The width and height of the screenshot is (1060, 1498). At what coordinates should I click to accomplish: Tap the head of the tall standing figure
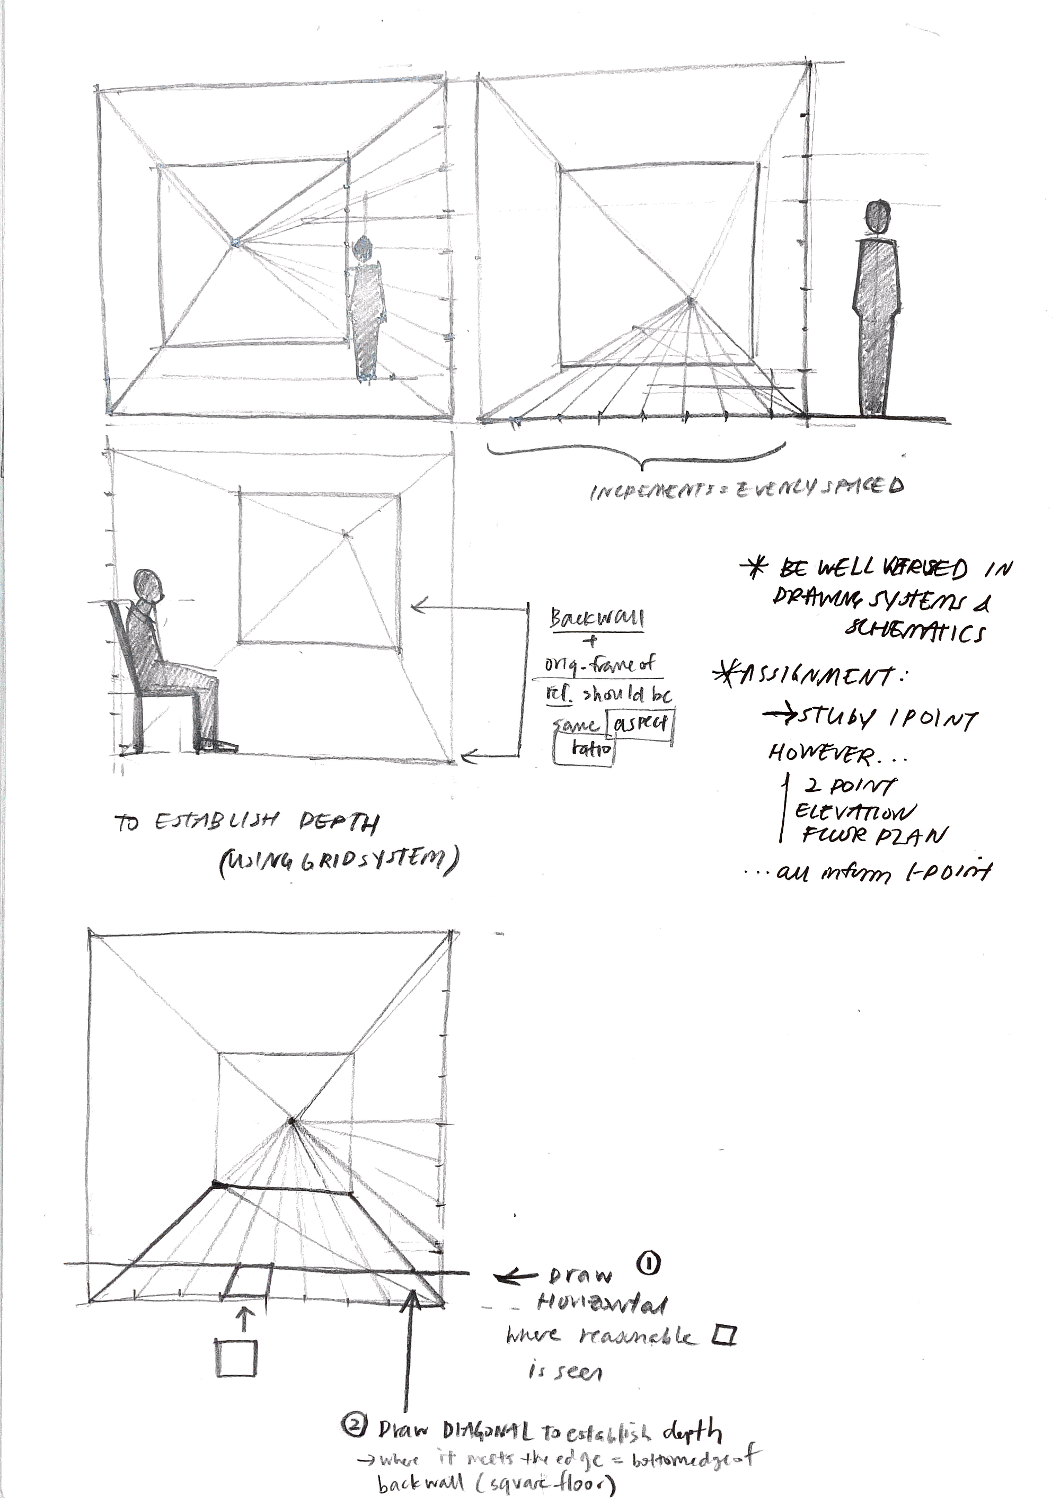(877, 217)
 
